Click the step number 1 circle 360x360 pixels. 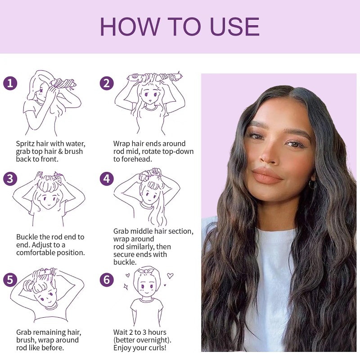point(10,83)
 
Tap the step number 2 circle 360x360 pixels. point(107,83)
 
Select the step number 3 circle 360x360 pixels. point(10,179)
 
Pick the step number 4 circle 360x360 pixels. point(107,179)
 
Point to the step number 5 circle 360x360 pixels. point(10,279)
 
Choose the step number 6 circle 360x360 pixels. point(107,279)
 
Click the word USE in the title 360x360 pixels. point(234,27)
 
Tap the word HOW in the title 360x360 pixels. point(130,27)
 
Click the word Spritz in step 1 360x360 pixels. point(25,144)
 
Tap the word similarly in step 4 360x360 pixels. point(138,247)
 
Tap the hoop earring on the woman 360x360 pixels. point(312,184)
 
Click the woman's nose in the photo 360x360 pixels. point(269,156)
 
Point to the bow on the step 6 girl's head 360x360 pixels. point(145,270)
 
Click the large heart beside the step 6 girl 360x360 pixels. point(170,275)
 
